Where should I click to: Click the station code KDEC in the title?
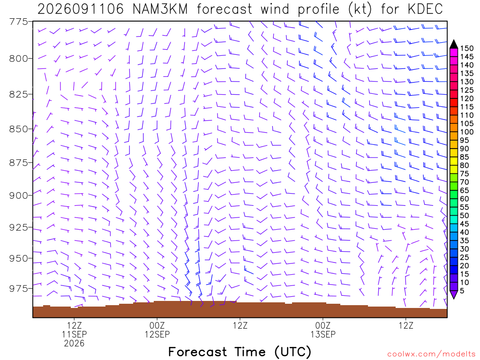pos(426,9)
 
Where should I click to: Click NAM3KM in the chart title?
pos(160,9)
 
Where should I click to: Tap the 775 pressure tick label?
pos(18,22)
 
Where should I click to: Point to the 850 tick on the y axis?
pos(18,129)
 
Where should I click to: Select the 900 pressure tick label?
pos(18,195)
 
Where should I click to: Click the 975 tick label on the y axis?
pos(18,288)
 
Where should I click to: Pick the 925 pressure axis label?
pos(18,227)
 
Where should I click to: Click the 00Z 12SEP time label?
pos(157,330)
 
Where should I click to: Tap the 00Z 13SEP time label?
pos(323,330)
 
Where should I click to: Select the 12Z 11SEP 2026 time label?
pos(74,334)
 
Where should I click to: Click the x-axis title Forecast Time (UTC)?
pos(240,352)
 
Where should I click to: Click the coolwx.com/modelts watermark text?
pos(431,354)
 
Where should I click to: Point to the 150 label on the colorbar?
pos(466,48)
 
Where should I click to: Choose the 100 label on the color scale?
pos(466,132)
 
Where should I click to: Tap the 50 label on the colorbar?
pos(465,216)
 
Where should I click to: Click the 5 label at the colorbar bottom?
pos(462,291)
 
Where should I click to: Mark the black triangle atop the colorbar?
pos(454,45)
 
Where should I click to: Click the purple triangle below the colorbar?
pos(454,294)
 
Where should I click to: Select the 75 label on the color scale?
pos(465,173)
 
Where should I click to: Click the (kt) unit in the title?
pos(360,9)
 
